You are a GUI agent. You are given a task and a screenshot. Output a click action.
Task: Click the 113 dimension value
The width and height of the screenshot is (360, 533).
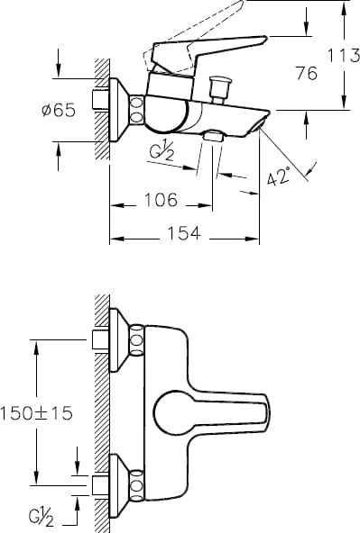[x=344, y=56]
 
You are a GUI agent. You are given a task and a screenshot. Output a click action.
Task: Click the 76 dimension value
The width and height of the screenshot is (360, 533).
[x=306, y=73]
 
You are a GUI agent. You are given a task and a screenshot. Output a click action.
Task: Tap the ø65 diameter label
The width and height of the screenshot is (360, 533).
[x=59, y=110]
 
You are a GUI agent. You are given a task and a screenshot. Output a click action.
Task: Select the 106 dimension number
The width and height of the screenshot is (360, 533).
[x=162, y=200]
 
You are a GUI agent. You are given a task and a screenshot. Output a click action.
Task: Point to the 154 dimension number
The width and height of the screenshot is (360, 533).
[x=184, y=233]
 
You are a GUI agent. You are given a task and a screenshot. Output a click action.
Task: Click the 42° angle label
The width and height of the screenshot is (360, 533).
[x=278, y=176]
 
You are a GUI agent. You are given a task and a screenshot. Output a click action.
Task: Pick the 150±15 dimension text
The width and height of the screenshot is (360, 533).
[x=36, y=413]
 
